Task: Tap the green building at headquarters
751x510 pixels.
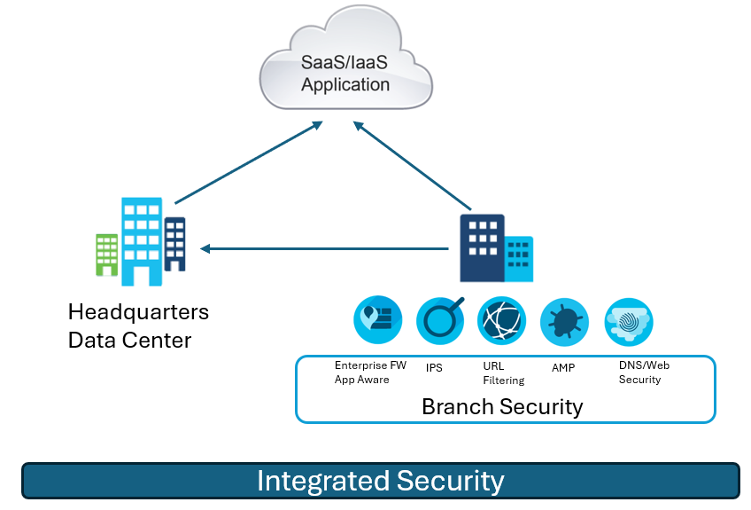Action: (107, 255)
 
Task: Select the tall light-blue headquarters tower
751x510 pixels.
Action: (142, 241)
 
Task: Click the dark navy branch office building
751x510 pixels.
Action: (482, 247)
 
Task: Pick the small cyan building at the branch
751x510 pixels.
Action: (519, 259)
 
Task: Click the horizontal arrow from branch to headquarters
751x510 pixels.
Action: (324, 248)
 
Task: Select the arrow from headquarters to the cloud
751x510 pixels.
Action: (249, 162)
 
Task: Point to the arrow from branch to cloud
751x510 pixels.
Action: (413, 166)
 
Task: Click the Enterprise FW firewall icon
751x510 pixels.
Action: (378, 319)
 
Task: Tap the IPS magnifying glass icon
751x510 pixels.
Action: (440, 320)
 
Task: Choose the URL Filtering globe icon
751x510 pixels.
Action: (501, 320)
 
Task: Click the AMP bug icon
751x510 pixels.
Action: (564, 322)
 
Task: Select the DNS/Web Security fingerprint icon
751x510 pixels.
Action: (629, 322)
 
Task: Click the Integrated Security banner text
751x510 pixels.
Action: (381, 481)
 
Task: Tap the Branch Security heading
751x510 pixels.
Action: (502, 407)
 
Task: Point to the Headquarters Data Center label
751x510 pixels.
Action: (138, 326)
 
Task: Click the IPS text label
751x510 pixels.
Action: (434, 367)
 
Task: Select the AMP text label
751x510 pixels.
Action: (563, 367)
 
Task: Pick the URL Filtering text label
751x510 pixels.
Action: (504, 373)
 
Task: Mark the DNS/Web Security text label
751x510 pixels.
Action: (644, 373)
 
